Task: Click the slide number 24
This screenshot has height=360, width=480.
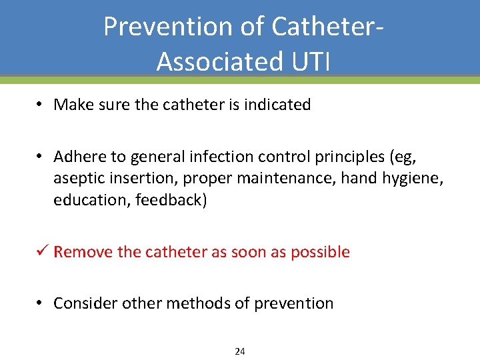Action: click(240, 351)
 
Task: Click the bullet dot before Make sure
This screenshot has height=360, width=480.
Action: click(41, 105)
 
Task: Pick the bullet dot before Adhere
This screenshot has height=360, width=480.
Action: click(41, 156)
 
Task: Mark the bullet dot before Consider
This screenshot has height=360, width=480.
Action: click(41, 303)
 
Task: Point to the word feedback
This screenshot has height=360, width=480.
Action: click(171, 200)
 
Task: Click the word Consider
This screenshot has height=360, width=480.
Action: click(82, 303)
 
